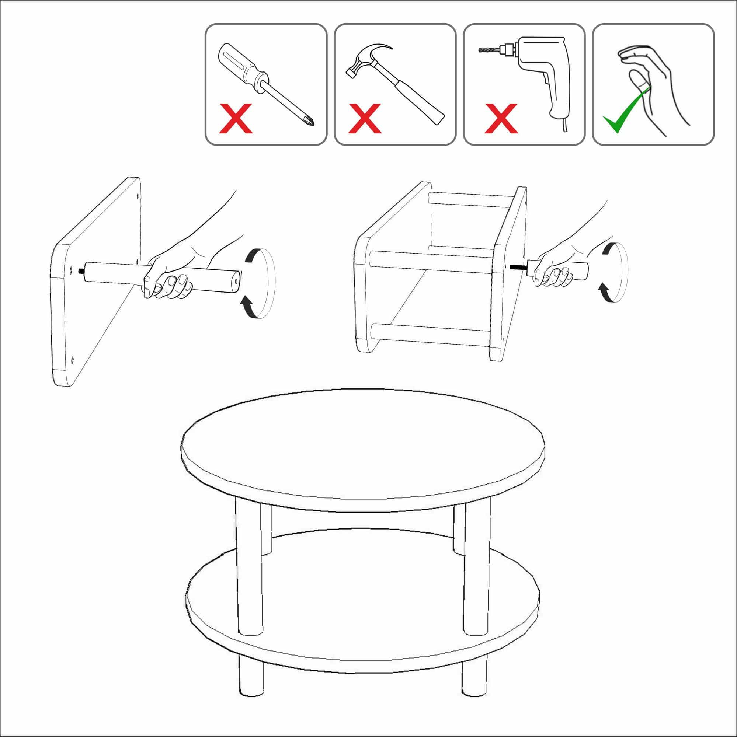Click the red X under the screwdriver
[236, 118]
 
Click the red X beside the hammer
[365, 118]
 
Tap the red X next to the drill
[501, 118]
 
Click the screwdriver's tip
[311, 123]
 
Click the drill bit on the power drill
[489, 50]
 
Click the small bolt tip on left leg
[81, 271]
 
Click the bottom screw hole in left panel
[72, 359]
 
